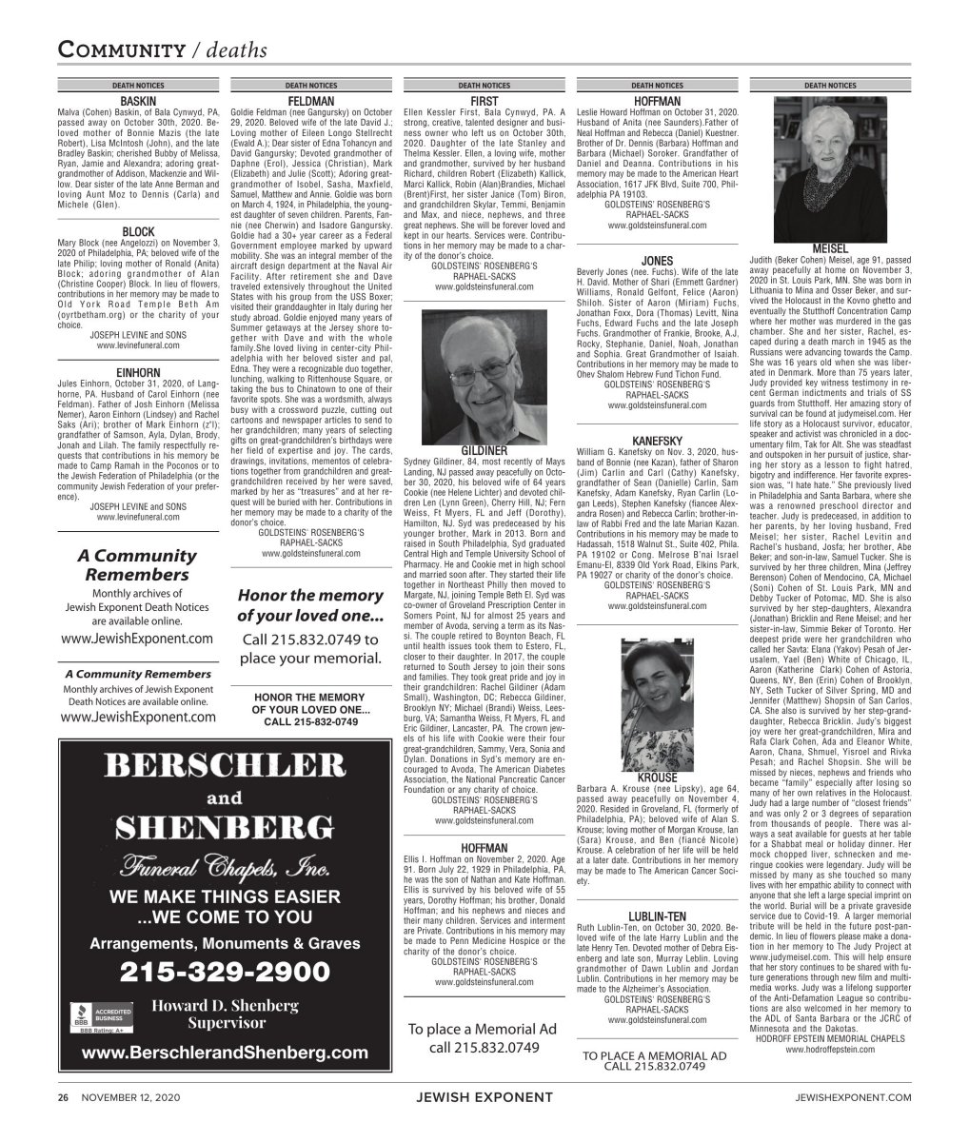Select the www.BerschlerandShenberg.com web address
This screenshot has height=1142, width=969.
point(224,1053)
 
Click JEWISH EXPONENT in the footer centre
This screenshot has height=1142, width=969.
point(484,1098)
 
